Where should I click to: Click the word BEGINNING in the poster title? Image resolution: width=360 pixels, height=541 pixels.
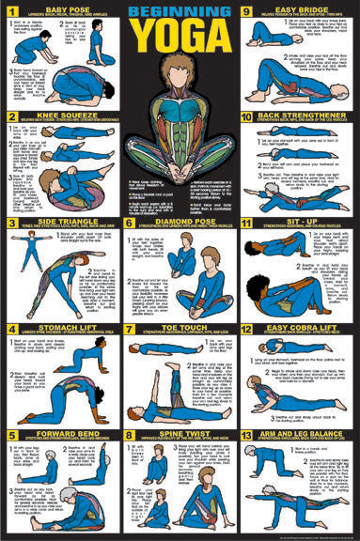[179, 11]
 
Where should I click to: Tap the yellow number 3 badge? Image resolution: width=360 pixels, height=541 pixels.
[11, 224]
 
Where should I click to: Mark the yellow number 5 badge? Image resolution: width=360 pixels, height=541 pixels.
[11, 437]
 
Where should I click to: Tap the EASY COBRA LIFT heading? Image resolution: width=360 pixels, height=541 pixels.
[299, 329]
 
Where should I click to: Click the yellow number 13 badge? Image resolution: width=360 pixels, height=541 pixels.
[246, 437]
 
